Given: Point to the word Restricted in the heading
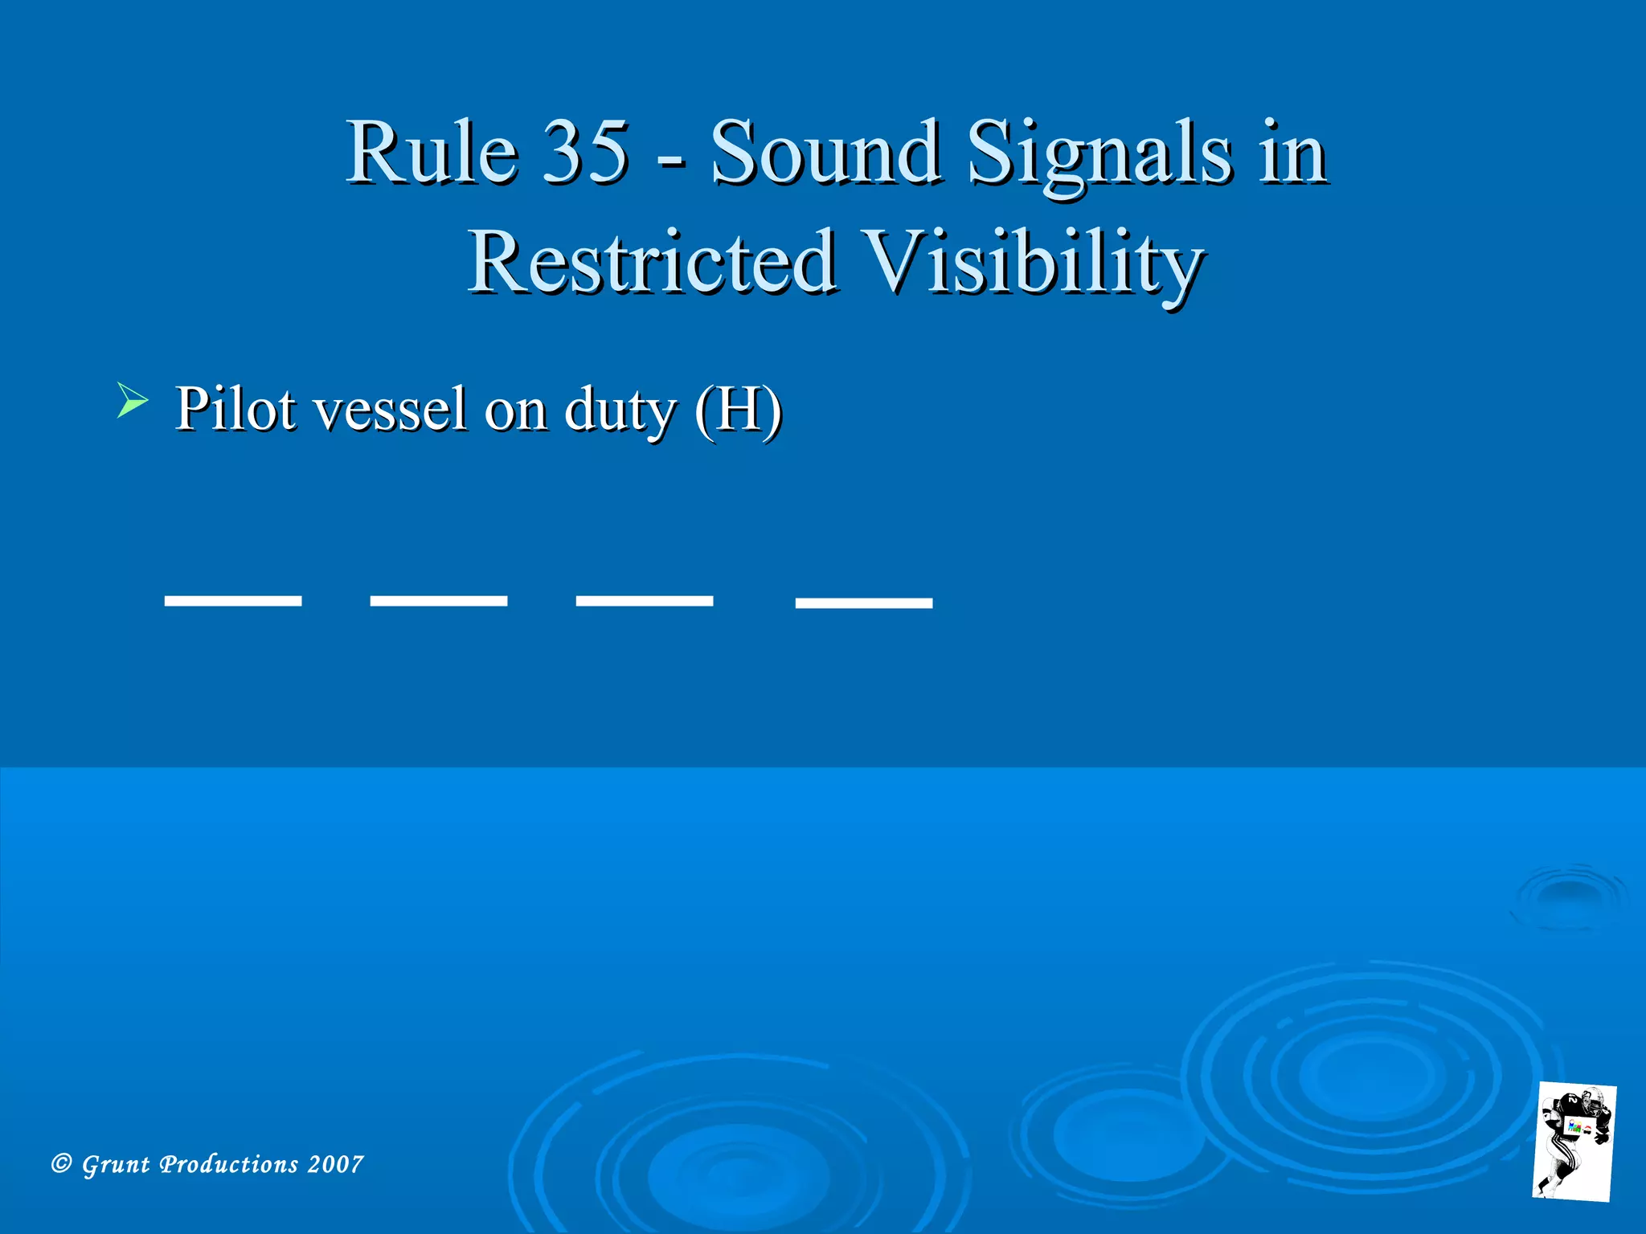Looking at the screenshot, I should pyautogui.click(x=652, y=262).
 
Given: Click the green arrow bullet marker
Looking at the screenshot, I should pyautogui.click(x=132, y=400).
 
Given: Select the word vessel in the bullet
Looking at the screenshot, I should pyautogui.click(x=390, y=410).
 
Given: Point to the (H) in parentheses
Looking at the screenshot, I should pyautogui.click(x=739, y=410).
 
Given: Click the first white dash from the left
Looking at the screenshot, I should pyautogui.click(x=233, y=601).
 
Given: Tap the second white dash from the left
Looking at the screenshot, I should pyautogui.click(x=439, y=601).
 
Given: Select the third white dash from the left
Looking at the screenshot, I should pyautogui.click(x=645, y=601).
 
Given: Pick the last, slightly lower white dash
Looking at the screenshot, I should pyautogui.click(x=864, y=603).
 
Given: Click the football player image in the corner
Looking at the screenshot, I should pyautogui.click(x=1574, y=1141).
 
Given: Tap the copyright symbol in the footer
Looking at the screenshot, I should pyautogui.click(x=61, y=1163).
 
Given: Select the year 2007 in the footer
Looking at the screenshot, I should pyautogui.click(x=336, y=1164).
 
